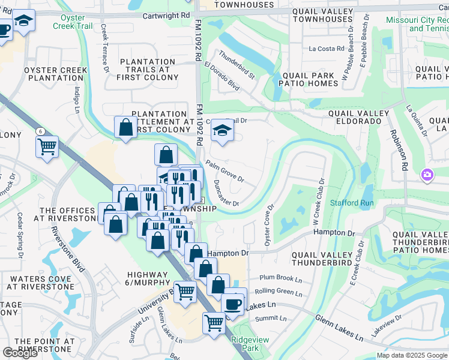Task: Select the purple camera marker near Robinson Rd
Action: pyautogui.click(x=427, y=175)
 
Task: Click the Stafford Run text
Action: pyautogui.click(x=352, y=203)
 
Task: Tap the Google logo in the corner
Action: pyautogui.click(x=20, y=353)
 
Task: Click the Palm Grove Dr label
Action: pyautogui.click(x=225, y=171)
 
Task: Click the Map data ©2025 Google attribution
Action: pyautogui.click(x=412, y=355)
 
